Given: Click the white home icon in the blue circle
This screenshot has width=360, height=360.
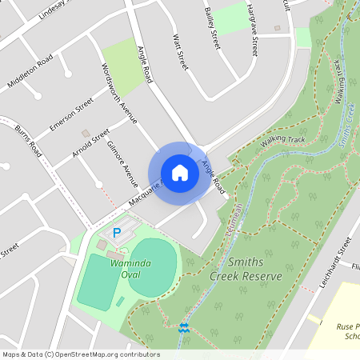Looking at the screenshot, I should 180,173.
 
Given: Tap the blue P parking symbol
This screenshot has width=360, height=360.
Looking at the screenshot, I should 117,234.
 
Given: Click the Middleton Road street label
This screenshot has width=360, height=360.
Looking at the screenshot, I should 30,72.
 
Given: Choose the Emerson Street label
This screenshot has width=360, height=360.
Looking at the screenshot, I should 71,115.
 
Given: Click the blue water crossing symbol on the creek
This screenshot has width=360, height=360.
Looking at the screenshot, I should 185,326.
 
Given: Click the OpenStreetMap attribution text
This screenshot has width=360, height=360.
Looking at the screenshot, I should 81,354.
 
